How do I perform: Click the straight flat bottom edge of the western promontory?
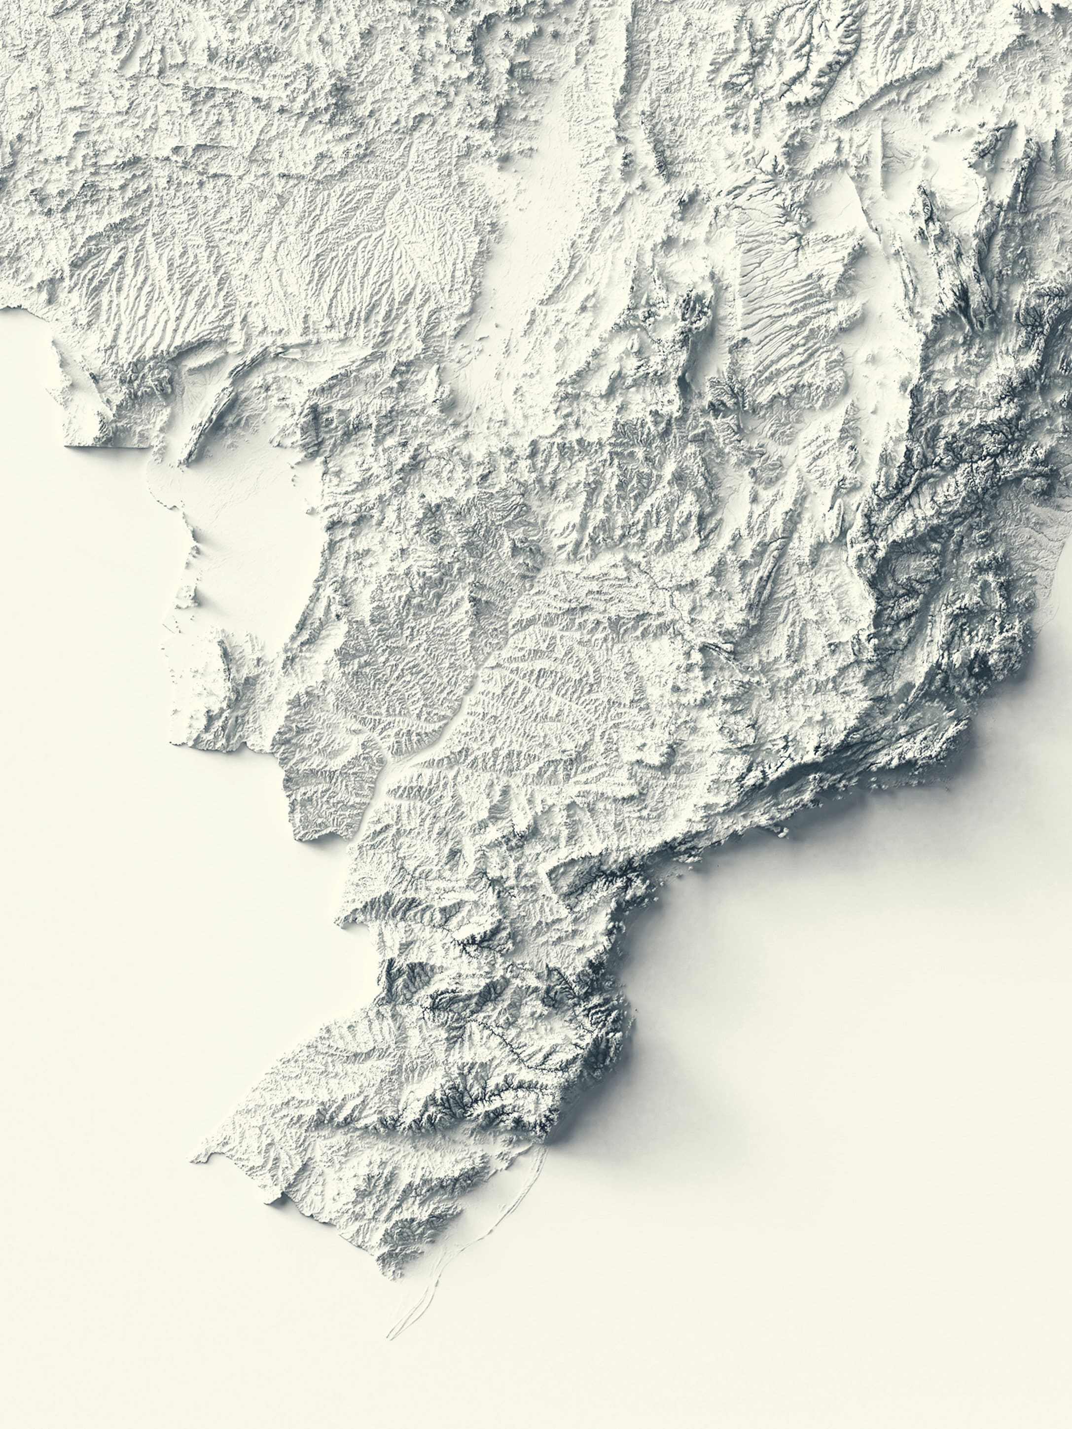pos(107,444)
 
